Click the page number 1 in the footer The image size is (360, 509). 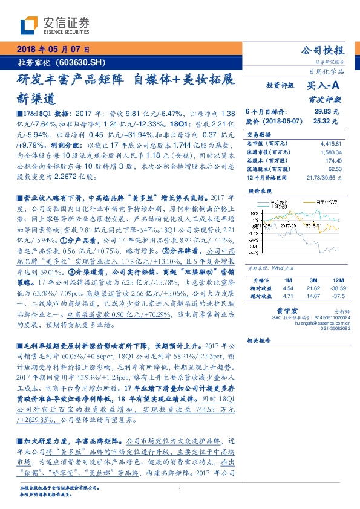[x=180, y=490]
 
